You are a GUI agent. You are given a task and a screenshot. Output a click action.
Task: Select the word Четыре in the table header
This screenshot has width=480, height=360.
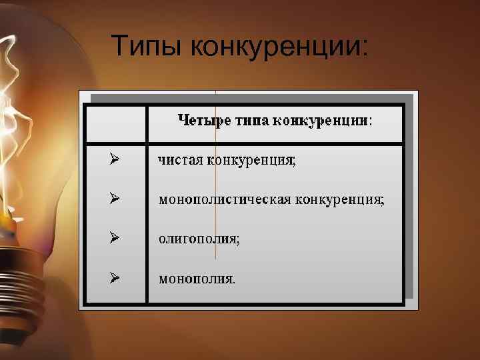pyautogui.click(x=200, y=121)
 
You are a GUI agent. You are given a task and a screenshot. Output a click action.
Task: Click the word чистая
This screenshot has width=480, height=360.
pyautogui.click(x=180, y=160)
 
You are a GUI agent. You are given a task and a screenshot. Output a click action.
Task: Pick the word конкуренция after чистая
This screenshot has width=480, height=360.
pyautogui.click(x=251, y=160)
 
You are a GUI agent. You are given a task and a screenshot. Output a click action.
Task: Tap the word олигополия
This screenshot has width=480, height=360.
pyautogui.click(x=199, y=239)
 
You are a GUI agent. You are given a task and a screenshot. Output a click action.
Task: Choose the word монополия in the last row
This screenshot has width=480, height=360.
pyautogui.click(x=196, y=279)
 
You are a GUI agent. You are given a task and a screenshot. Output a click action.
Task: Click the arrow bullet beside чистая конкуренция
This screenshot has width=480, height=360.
pyautogui.click(x=115, y=159)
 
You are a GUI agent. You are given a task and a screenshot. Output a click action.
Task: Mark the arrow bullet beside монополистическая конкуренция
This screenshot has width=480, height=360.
pyautogui.click(x=115, y=199)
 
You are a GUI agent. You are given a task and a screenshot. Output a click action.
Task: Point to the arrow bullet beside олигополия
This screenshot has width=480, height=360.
pyautogui.click(x=115, y=238)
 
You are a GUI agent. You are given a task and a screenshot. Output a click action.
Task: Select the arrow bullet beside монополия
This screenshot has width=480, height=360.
pyautogui.click(x=115, y=277)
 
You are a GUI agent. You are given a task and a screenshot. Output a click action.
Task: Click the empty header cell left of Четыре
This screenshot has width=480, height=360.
pyautogui.click(x=117, y=123)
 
